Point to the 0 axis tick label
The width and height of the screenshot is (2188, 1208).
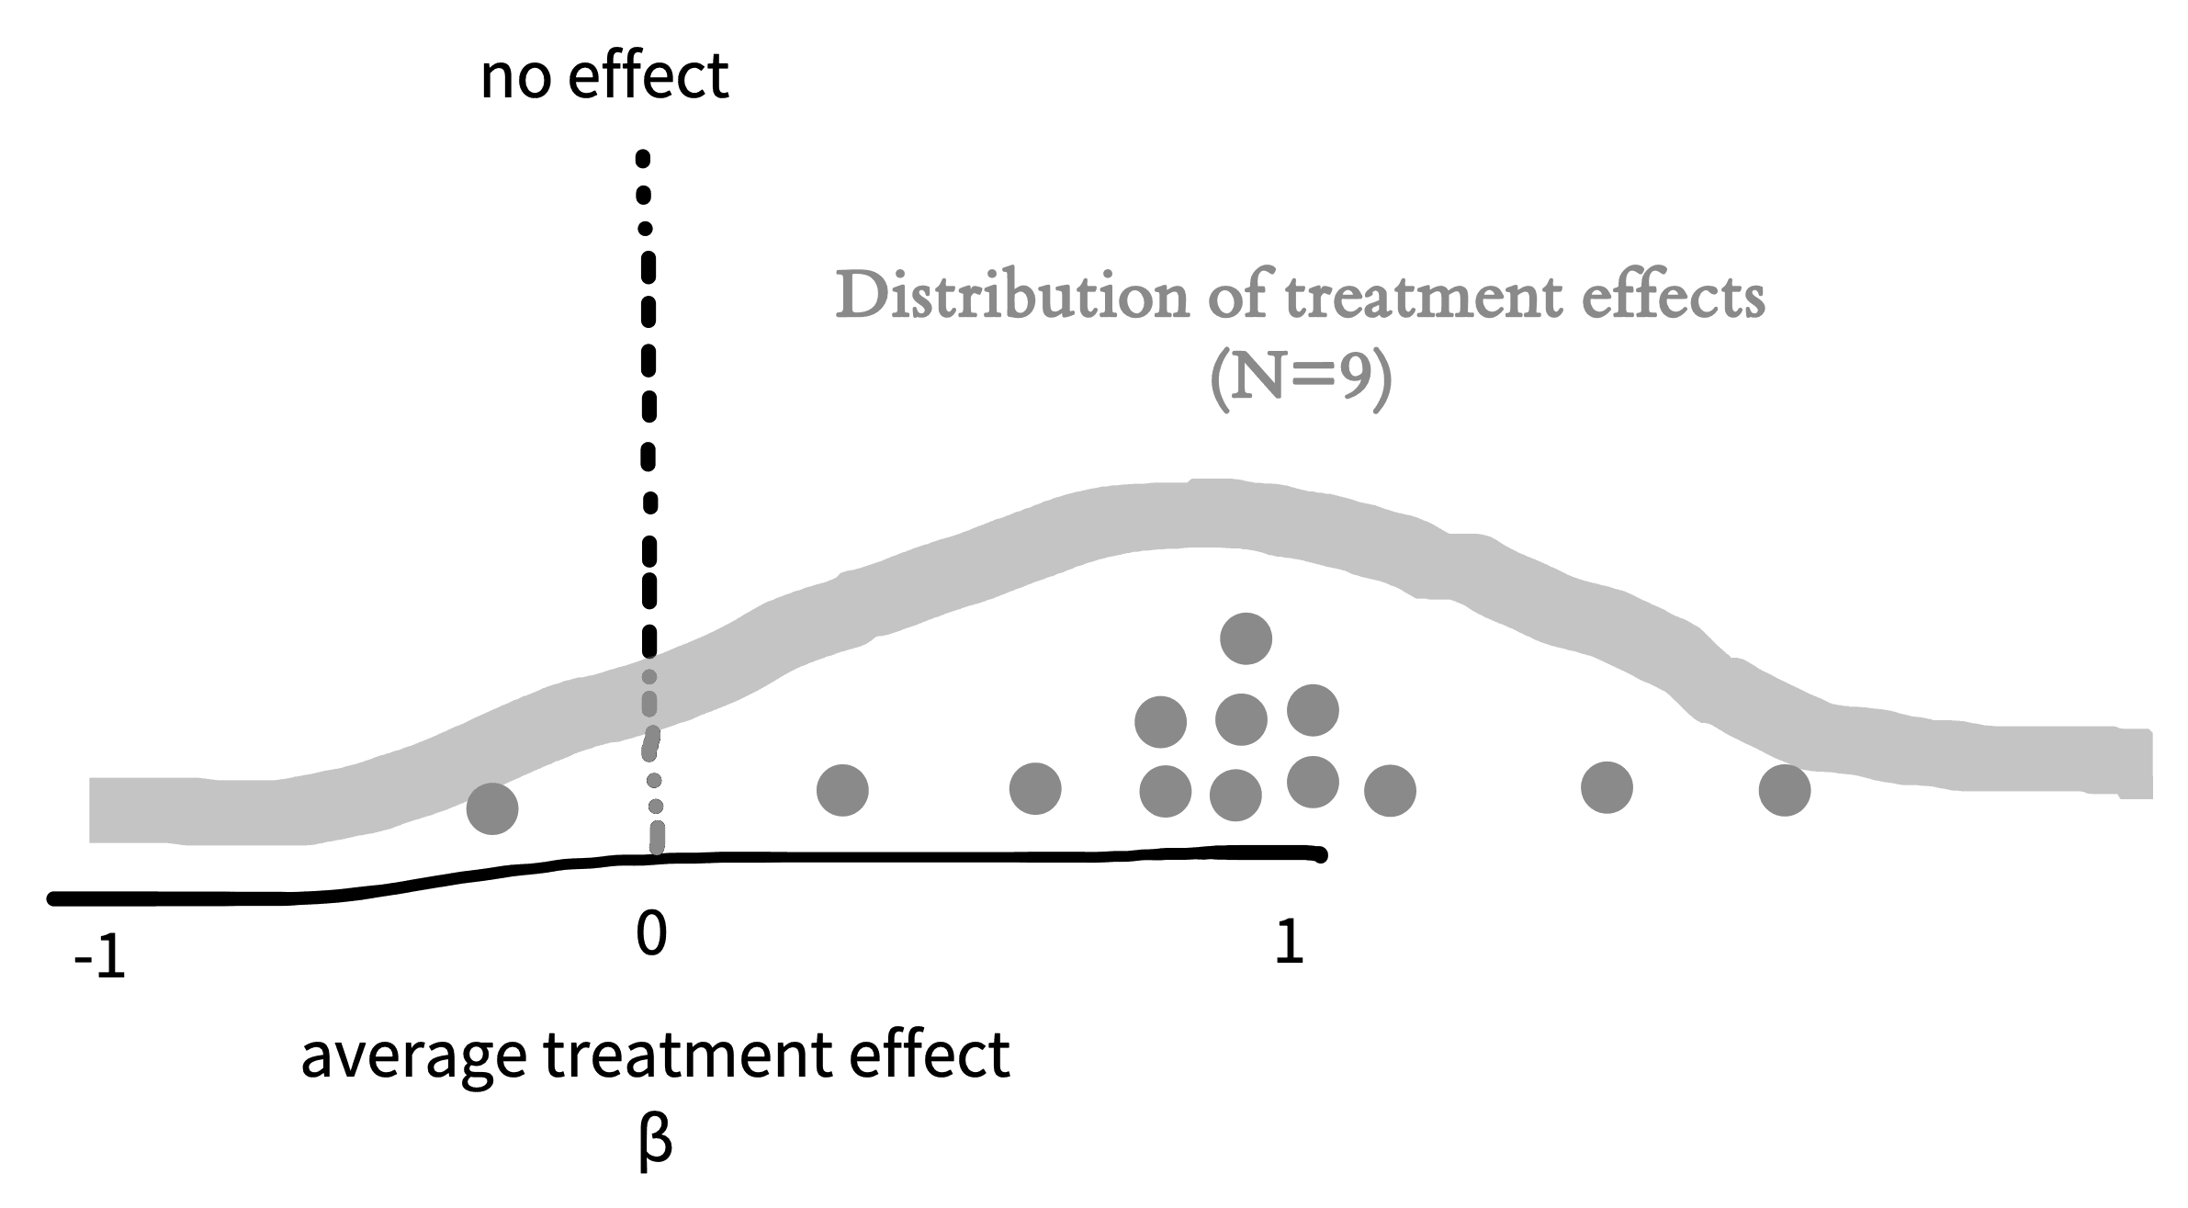(x=650, y=934)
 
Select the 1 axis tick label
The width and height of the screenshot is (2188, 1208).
(x=1290, y=943)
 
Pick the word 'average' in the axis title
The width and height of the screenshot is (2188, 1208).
(x=414, y=1059)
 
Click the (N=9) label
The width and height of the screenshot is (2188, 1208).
(x=1301, y=379)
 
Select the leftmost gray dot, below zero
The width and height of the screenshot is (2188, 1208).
(x=492, y=809)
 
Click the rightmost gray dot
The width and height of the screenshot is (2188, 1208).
(x=1785, y=790)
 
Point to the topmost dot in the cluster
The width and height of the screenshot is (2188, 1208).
(x=1246, y=638)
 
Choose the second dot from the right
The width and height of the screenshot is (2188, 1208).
(x=1607, y=787)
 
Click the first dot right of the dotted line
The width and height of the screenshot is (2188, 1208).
(x=842, y=790)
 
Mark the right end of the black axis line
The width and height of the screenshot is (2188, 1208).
(x=1321, y=855)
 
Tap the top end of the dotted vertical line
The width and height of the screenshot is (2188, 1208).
(x=643, y=158)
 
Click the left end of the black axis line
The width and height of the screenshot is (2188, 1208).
(x=53, y=899)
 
